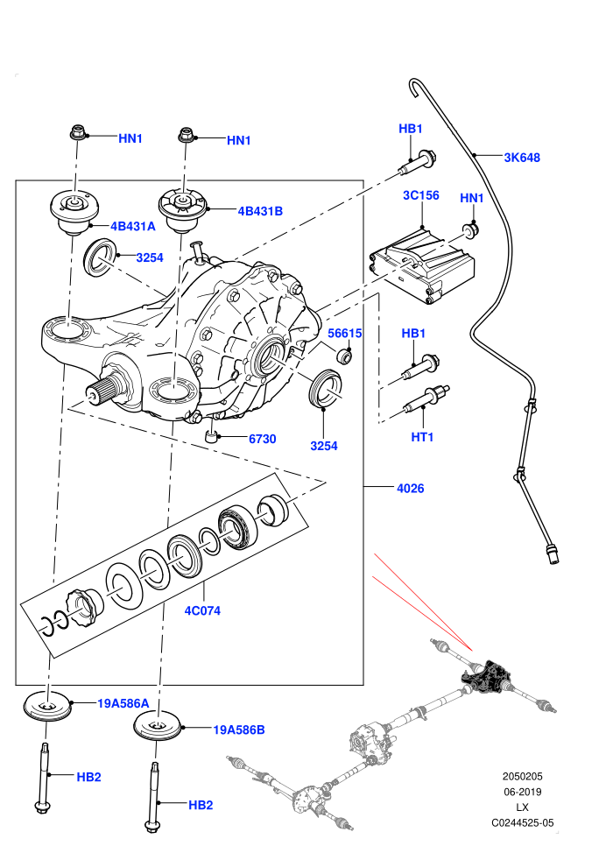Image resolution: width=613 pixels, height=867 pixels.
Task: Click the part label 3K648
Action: [x=522, y=158]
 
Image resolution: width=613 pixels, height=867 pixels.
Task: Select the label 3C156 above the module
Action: [x=421, y=195]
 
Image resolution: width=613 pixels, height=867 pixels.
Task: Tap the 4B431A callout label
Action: [x=132, y=226]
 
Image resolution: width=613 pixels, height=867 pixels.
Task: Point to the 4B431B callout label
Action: [x=260, y=211]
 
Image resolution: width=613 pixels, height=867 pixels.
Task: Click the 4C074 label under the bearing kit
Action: [x=202, y=611]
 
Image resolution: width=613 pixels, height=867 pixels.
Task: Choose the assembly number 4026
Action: [x=411, y=489]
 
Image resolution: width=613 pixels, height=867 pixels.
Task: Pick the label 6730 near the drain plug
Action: [x=263, y=439]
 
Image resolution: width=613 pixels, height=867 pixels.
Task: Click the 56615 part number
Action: [x=345, y=334]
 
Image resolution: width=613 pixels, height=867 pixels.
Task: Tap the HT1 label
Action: [x=422, y=437]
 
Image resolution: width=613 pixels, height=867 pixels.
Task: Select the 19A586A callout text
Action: [x=123, y=704]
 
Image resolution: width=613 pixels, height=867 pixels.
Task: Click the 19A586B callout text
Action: [x=239, y=730]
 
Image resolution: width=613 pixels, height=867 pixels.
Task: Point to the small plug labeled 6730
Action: [x=212, y=437]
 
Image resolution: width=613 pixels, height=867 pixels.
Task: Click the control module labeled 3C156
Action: [x=421, y=264]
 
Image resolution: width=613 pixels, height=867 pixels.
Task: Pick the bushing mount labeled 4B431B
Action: [x=183, y=210]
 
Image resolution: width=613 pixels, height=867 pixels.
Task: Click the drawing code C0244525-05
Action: [x=522, y=823]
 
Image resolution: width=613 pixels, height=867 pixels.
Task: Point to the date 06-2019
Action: [x=522, y=792]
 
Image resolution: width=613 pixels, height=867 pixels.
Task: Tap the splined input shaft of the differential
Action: [x=105, y=389]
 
